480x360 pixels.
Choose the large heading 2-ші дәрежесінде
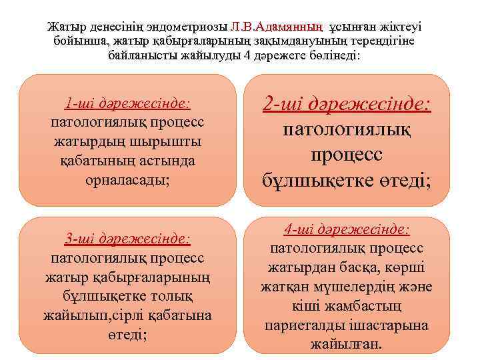[347, 103]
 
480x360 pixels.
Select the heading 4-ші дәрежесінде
[347, 229]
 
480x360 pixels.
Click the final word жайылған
[346, 345]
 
